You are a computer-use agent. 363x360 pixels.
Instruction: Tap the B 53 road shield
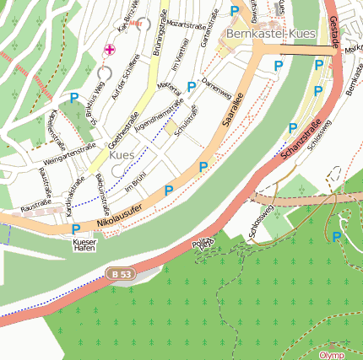pyautogui.click(x=120, y=273)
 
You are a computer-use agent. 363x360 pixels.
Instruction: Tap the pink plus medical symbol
pyautogui.click(x=109, y=50)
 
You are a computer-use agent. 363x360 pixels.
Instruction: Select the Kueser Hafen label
pyautogui.click(x=84, y=245)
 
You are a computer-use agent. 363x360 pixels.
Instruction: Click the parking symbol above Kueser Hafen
pyautogui.click(x=76, y=228)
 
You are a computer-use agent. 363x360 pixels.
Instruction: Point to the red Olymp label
pyautogui.click(x=332, y=355)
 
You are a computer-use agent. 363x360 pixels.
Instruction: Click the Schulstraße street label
pyautogui.click(x=186, y=120)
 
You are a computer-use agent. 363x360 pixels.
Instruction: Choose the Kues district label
pyautogui.click(x=122, y=156)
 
